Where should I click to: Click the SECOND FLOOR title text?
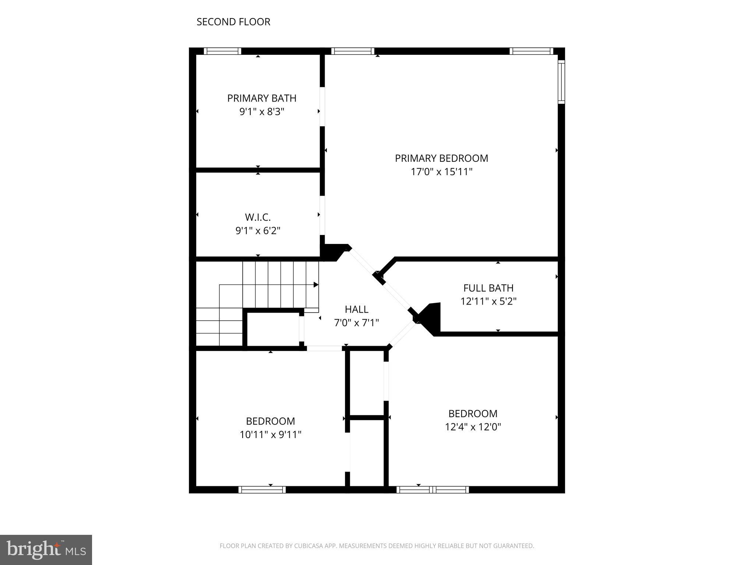coord(233,22)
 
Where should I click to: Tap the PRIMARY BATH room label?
coord(261,98)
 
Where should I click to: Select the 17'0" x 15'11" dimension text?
coord(441,172)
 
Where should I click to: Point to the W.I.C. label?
coord(258,217)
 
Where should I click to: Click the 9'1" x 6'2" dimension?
coord(258,231)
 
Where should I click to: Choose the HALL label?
coord(356,309)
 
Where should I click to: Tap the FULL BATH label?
coord(488,288)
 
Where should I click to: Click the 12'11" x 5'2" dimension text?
coord(488,302)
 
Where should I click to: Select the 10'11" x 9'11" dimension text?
coord(270,435)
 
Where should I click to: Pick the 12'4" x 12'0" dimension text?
coord(473,427)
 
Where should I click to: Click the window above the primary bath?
coord(222,51)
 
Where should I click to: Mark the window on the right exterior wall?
coord(561,82)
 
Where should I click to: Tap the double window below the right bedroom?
coord(433,490)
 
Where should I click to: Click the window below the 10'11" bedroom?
coord(262,490)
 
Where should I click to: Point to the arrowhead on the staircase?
coord(316,285)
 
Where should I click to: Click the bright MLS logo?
coord(46,550)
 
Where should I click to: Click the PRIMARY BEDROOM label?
coord(441,158)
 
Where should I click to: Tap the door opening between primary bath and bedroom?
coord(322,107)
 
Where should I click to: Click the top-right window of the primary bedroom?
coord(531,51)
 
